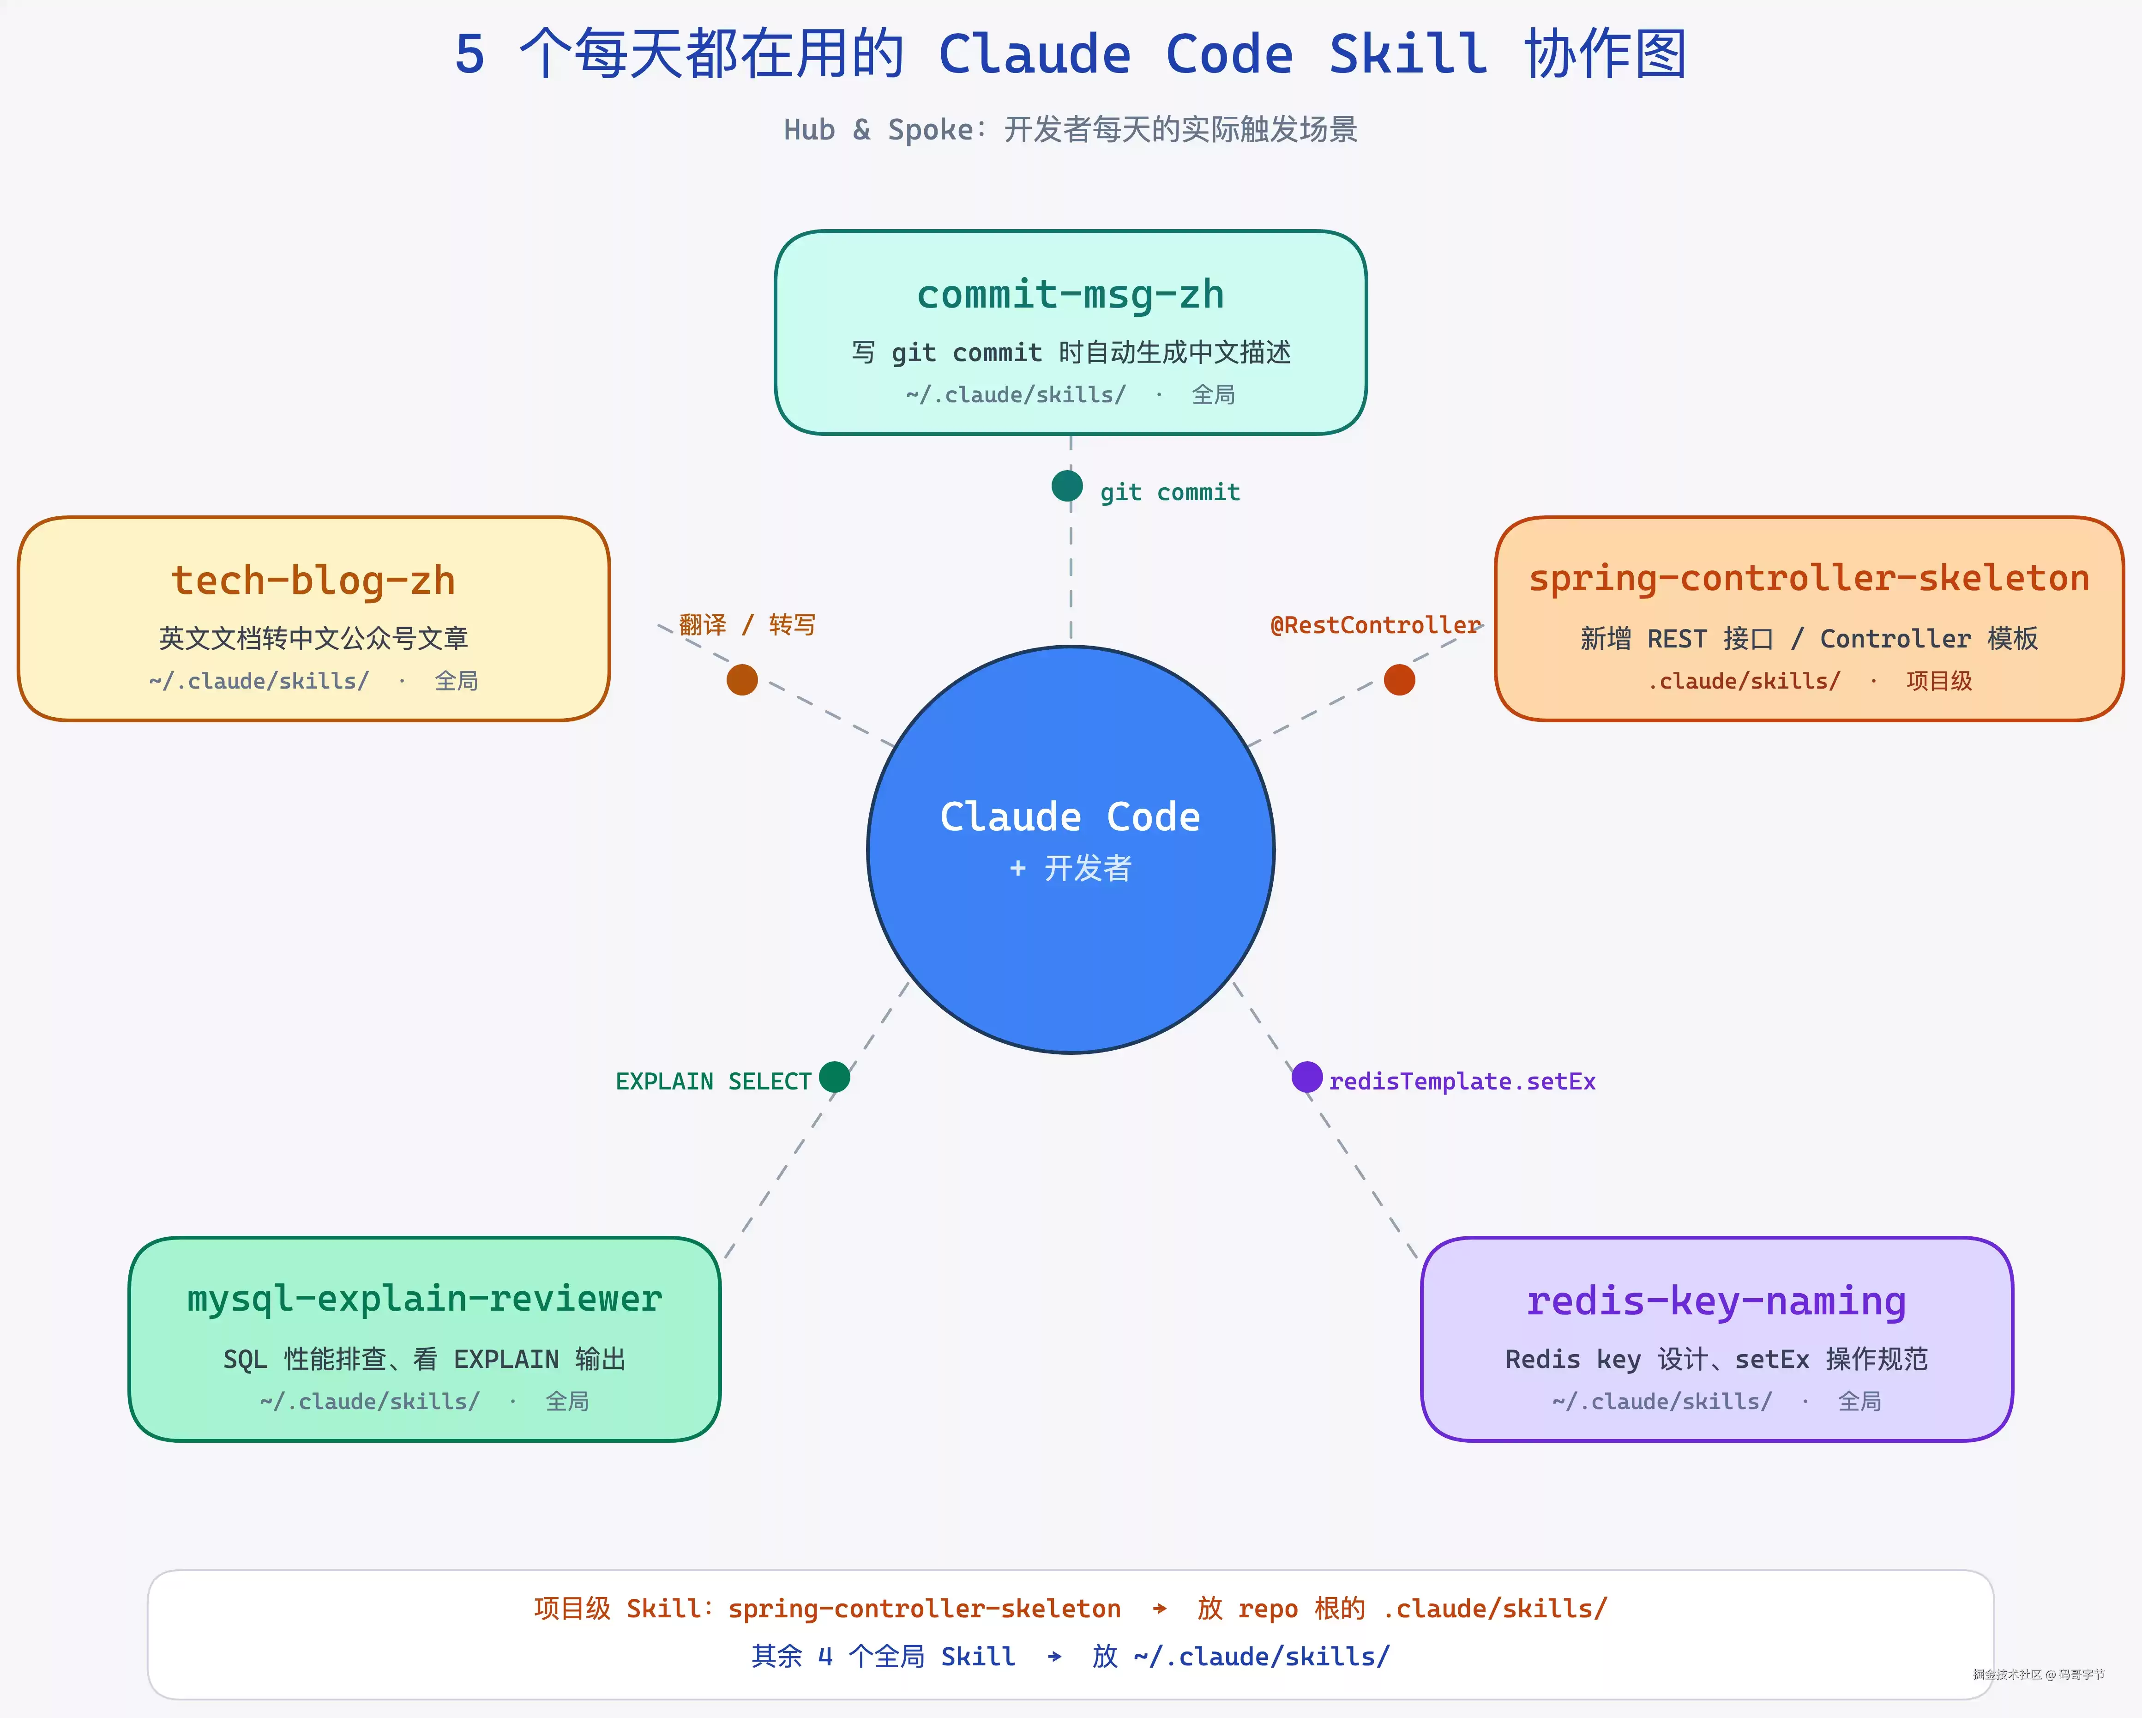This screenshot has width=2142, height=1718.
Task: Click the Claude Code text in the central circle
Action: coord(1070,817)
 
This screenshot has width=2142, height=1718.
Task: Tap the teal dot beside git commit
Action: coord(1067,486)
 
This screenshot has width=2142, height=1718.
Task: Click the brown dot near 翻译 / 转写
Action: coord(742,680)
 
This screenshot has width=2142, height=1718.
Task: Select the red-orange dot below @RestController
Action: coord(1399,680)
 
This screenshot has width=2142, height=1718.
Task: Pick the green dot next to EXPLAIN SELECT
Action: coord(835,1076)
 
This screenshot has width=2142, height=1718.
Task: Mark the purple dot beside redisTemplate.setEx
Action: coord(1306,1076)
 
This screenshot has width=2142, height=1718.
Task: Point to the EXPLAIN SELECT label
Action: coord(713,1081)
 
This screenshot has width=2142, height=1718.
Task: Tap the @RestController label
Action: coord(1375,625)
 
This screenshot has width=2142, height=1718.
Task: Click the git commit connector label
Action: coord(1169,492)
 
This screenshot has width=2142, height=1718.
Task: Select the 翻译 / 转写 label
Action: coord(747,625)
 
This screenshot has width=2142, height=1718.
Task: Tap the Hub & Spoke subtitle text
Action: coord(1070,129)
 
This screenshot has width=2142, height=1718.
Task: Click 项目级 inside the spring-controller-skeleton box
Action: coord(1938,681)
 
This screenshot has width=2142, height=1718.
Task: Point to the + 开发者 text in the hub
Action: coord(1070,868)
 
